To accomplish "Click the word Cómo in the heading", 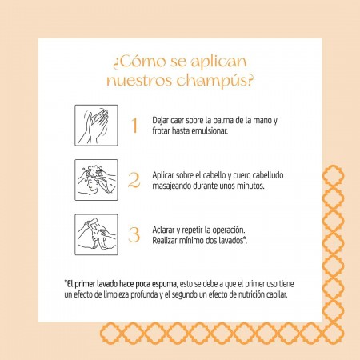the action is [x=142, y=62].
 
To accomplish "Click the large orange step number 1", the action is [x=134, y=126].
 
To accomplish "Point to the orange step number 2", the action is [x=134, y=180].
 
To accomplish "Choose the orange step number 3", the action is [x=134, y=235].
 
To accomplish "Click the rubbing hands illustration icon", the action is [x=96, y=126].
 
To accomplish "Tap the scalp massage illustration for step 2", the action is [x=96, y=180].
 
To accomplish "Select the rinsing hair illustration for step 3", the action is [x=96, y=234].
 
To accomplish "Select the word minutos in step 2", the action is [x=250, y=186].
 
